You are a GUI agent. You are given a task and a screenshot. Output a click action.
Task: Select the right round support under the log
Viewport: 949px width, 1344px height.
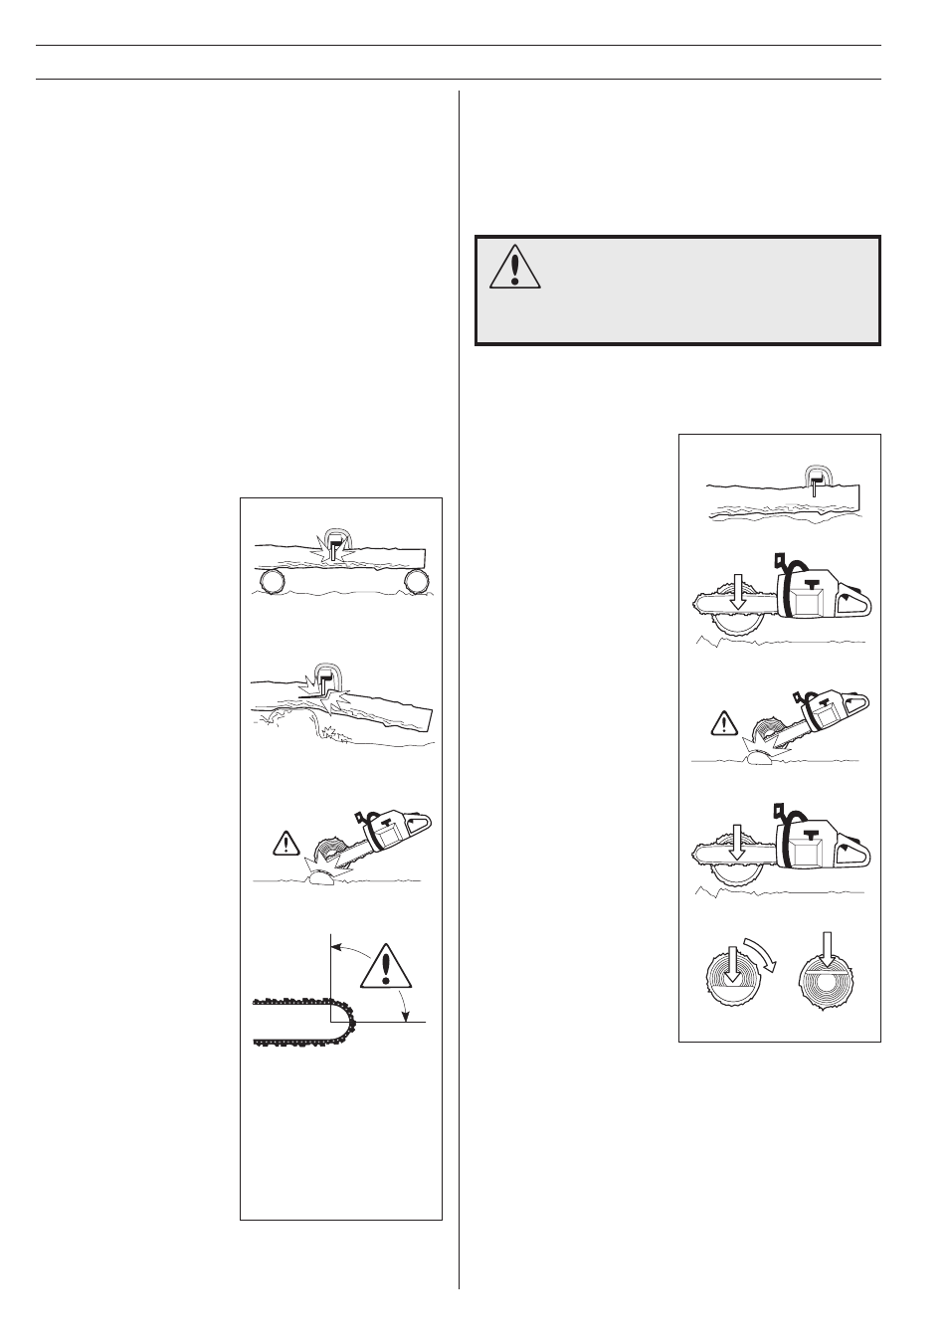coord(416,580)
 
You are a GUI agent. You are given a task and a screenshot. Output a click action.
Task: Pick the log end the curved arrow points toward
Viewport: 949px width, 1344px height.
coord(825,985)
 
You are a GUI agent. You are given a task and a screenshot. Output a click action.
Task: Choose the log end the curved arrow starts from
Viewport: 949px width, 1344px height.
coord(731,985)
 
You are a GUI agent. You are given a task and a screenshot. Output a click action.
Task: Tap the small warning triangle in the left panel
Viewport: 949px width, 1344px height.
coord(286,846)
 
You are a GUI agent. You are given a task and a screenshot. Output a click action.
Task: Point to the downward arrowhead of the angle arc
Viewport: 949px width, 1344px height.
coord(405,1014)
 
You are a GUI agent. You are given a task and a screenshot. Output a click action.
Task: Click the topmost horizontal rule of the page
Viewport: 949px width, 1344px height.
coord(459,45)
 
